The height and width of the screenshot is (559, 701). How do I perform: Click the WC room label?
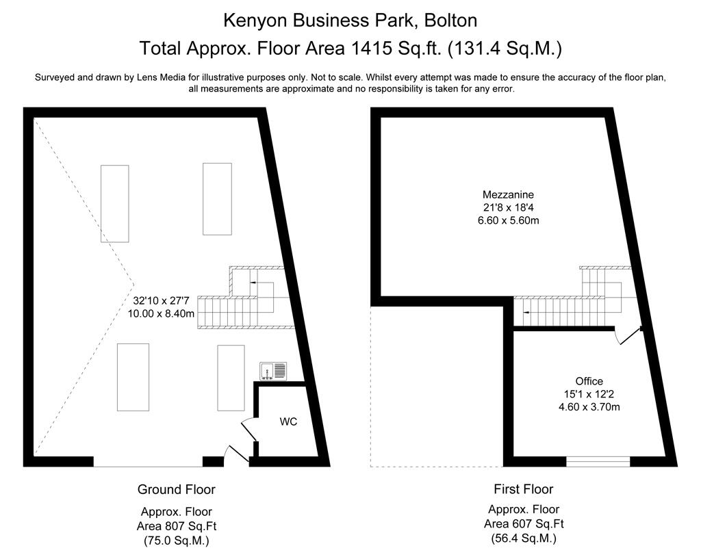(288, 421)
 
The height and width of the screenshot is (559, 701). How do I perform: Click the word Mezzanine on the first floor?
(509, 194)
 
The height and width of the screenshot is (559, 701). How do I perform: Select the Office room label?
(589, 381)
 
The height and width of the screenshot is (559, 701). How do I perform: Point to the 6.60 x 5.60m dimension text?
(509, 220)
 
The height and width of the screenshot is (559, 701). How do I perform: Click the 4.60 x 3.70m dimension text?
(589, 406)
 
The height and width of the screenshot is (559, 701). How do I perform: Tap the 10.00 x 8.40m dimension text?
(161, 313)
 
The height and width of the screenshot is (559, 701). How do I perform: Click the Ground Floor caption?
(176, 489)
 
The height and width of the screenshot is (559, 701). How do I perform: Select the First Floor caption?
(524, 489)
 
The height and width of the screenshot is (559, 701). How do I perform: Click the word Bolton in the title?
(450, 21)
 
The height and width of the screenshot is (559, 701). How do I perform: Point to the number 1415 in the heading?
(369, 49)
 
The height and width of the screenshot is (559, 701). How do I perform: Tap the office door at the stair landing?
(628, 335)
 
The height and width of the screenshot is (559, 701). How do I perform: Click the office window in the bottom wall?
(598, 461)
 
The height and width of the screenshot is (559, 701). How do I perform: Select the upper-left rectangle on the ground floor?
(115, 204)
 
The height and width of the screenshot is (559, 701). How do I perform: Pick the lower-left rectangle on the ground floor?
(133, 377)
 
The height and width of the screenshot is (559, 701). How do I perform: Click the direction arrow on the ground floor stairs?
(253, 283)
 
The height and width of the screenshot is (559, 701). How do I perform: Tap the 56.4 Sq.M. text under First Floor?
(524, 538)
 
